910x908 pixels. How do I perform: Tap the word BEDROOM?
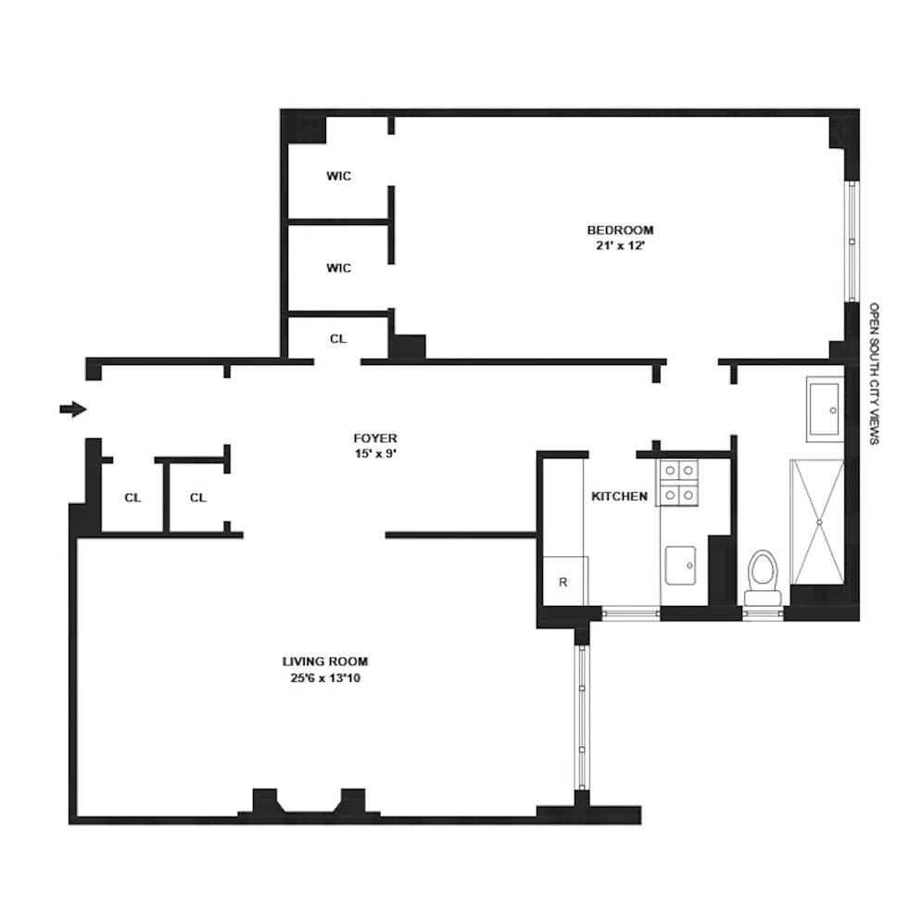[x=620, y=230]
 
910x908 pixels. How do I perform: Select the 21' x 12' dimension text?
[x=620, y=246]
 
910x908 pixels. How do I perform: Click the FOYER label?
[x=374, y=438]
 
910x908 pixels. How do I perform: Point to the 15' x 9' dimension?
[x=374, y=454]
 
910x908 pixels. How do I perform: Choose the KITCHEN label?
[x=619, y=497]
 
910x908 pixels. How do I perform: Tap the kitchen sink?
[x=680, y=565]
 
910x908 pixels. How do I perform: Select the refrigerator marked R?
[x=562, y=582]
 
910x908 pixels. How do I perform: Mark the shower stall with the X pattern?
[x=816, y=522]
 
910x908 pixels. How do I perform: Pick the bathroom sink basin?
[x=824, y=409]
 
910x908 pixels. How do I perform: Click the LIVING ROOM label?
[x=324, y=662]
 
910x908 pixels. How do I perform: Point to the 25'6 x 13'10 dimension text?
[x=324, y=678]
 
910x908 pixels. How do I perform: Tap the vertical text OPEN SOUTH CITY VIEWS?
[x=873, y=372]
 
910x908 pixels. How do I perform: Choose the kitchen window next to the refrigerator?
[x=630, y=612]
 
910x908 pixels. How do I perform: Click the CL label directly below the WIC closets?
[x=337, y=339]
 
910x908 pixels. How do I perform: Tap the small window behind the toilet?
[x=763, y=612]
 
